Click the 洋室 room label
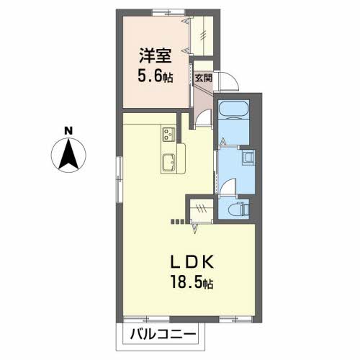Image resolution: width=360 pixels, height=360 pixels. (x=156, y=55)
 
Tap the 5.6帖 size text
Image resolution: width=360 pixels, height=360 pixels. (x=156, y=76)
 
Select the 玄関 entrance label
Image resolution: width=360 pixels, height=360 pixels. (x=203, y=78)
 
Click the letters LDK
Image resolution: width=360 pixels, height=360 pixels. (x=192, y=262)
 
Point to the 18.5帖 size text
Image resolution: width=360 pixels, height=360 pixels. (x=192, y=282)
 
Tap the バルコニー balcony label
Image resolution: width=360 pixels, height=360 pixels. (x=163, y=334)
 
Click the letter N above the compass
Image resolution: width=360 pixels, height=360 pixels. (x=68, y=131)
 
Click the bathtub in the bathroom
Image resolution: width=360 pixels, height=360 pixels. (x=233, y=110)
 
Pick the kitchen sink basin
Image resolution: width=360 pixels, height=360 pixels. (x=168, y=162)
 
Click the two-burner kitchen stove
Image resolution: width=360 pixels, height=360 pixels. (x=168, y=134)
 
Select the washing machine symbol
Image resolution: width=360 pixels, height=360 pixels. (x=248, y=157)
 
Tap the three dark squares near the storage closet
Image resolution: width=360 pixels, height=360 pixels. (x=177, y=222)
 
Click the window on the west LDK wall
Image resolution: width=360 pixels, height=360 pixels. (x=120, y=180)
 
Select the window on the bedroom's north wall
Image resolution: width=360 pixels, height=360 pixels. (x=169, y=12)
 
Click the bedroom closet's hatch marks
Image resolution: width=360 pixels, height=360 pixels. (x=204, y=35)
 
